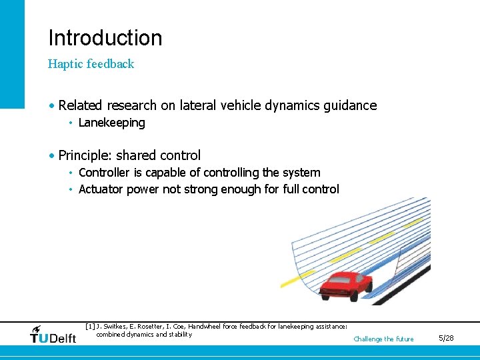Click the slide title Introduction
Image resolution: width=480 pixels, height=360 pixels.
click(105, 38)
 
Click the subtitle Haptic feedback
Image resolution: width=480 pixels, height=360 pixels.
click(91, 64)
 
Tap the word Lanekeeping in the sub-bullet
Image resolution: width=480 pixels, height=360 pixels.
click(111, 123)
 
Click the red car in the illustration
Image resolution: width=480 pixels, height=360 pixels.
click(345, 286)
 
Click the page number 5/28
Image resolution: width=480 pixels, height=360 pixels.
click(446, 339)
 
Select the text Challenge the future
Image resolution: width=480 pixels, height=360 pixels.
click(383, 339)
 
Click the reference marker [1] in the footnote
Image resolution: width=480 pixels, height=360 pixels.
click(91, 327)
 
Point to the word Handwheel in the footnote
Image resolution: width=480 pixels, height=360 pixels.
click(208, 327)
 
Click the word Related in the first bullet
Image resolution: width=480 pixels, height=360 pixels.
click(80, 105)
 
